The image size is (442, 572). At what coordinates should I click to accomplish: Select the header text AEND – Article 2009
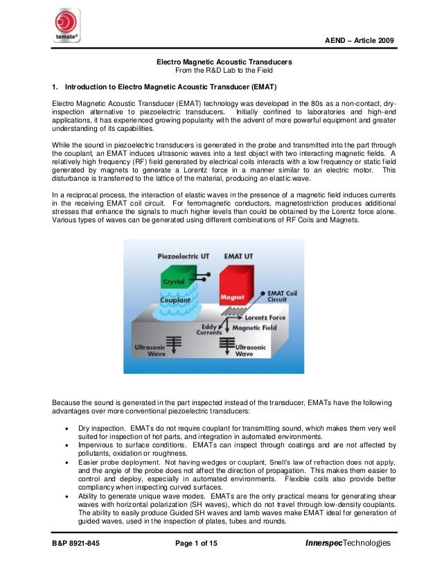(360, 43)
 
